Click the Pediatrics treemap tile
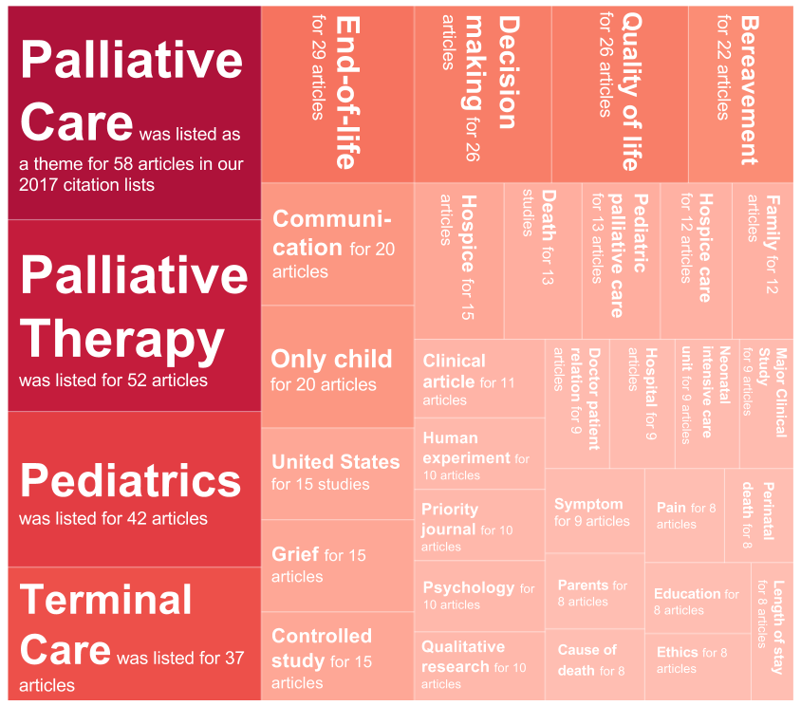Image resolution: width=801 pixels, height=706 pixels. pos(135,489)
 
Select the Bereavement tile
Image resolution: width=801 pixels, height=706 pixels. pos(740,94)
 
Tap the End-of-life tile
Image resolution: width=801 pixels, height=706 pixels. pos(338,94)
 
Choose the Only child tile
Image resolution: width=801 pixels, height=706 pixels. pos(338,366)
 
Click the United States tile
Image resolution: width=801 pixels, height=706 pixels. pos(338,474)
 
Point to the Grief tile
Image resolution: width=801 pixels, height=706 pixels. pos(338,566)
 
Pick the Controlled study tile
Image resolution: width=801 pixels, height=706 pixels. pos(338,656)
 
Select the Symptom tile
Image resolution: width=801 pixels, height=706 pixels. pos(595,511)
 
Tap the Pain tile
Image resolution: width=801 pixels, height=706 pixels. pos(685,515)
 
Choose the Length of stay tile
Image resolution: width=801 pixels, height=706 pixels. pos(773,631)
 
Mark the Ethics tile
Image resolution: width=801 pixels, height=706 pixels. pos(698,667)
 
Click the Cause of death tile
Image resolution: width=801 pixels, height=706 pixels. pos(595,664)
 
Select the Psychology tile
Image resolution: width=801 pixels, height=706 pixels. pos(479,596)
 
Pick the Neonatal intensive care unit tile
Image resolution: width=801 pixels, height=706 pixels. pos(707,403)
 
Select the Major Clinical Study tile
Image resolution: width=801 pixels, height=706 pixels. pos(766,403)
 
